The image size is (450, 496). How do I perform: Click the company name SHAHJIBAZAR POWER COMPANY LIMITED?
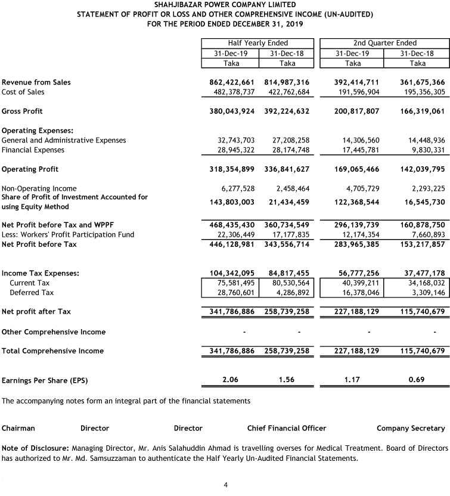point(225,5)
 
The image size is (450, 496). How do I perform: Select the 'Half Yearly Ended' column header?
point(257,43)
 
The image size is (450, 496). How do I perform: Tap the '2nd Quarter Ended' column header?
point(384,43)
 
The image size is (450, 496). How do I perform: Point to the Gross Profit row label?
point(23,111)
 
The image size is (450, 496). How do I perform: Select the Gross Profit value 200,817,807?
point(352,111)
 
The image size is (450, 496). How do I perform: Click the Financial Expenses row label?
point(33,150)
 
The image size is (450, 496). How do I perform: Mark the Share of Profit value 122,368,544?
point(352,202)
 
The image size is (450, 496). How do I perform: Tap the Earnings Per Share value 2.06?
point(231,380)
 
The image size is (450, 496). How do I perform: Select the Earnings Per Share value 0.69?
point(418,380)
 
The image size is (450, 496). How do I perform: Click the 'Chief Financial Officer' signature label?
point(287,428)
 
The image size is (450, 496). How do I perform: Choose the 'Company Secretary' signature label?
point(411,428)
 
